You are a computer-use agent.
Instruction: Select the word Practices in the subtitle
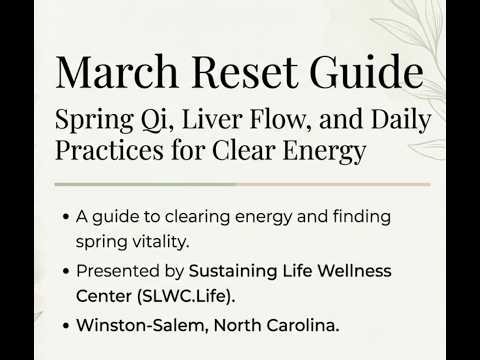pos(111,153)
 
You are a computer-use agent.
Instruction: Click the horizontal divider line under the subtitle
pos(242,185)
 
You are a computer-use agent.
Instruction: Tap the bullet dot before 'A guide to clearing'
pos(66,217)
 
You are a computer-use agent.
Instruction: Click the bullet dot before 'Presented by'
pos(66,271)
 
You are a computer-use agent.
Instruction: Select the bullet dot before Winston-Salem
pos(66,325)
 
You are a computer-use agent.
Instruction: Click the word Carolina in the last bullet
pos(295,325)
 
